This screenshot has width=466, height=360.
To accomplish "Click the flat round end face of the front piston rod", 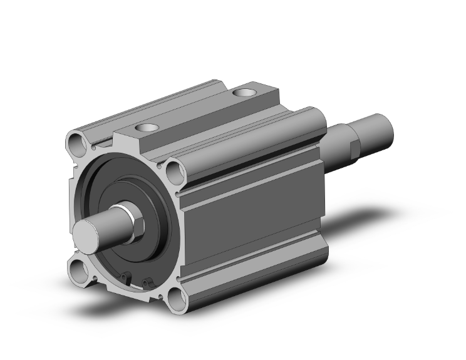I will [85, 236].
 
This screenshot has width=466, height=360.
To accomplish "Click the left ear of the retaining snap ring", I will [128, 274].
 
